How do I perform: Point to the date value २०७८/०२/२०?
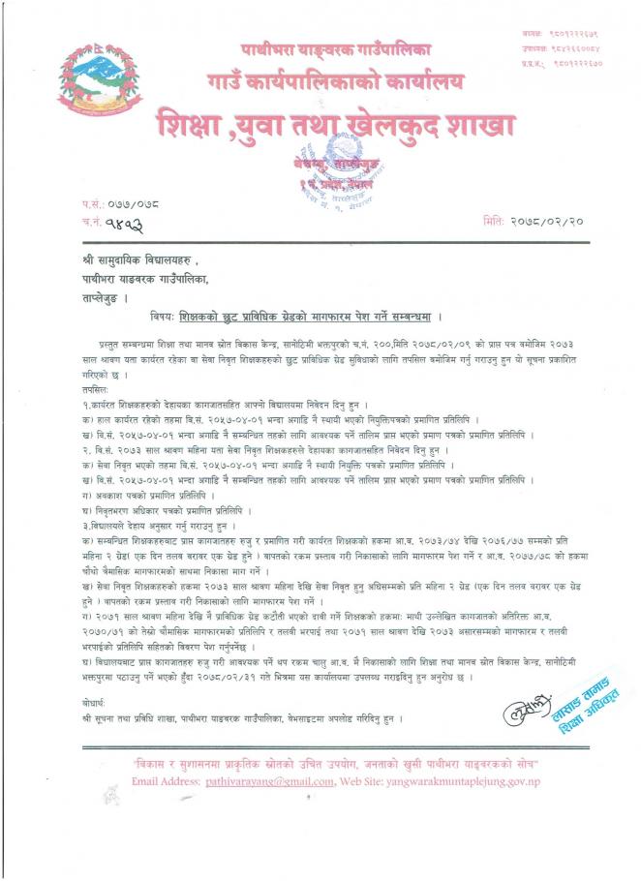point(548,222)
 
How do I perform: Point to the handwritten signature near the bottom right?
point(523,714)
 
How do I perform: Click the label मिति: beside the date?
point(495,222)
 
